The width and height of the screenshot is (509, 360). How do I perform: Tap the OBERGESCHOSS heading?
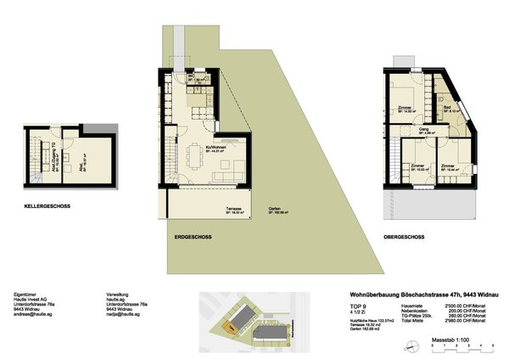coord(404,236)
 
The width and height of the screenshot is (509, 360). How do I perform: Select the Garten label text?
coord(275,208)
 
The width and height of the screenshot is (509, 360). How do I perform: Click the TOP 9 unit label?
coord(359,304)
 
